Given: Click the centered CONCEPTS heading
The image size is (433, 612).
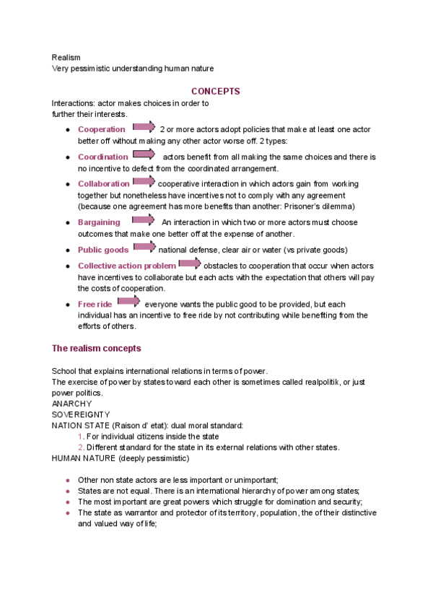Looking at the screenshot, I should tap(215, 92).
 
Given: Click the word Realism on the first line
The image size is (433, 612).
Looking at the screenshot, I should tap(66, 57).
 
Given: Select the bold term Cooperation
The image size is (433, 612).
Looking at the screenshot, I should tap(102, 130).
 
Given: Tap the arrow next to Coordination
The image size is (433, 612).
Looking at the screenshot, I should tap(144, 155).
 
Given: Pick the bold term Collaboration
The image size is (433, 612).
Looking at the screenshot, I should tap(104, 184).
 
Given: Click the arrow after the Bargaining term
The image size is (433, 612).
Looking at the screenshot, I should tap(144, 221).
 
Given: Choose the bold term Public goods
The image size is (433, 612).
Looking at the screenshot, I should tap(103, 250).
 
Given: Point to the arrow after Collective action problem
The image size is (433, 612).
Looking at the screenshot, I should tap(190, 264).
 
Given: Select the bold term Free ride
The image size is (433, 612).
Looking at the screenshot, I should tap(95, 305).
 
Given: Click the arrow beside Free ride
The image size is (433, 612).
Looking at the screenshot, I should tap(129, 302).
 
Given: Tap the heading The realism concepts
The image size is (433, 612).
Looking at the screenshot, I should tap(96, 349).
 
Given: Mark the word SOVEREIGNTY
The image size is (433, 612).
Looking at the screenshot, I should tap(81, 415).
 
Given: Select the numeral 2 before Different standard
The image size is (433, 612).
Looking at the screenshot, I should tap(80, 447).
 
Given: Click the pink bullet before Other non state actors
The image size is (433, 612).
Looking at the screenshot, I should tap(67, 480).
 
